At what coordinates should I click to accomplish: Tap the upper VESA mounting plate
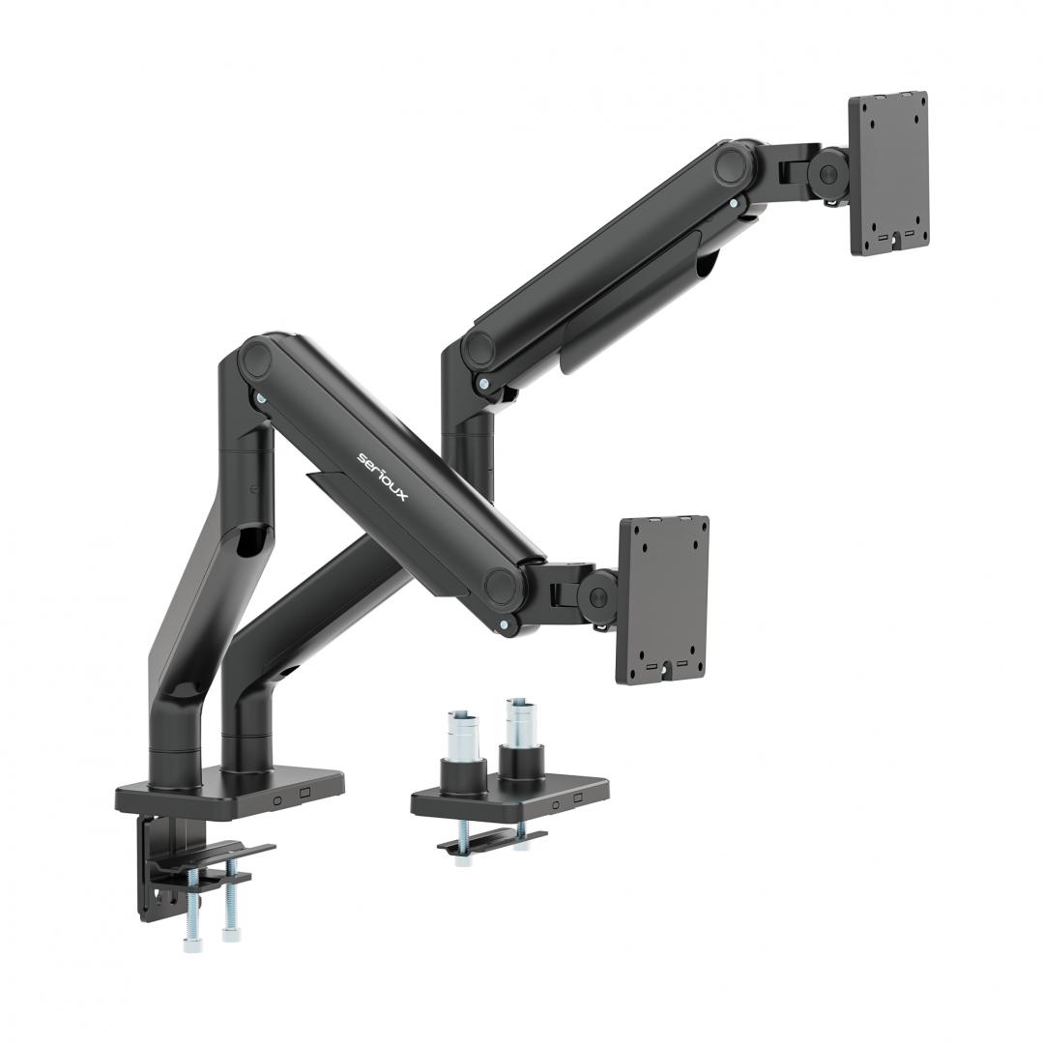(888, 173)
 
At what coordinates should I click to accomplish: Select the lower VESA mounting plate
(662, 599)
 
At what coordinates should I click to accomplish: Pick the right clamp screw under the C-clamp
(230, 913)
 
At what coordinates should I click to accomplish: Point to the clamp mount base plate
(232, 790)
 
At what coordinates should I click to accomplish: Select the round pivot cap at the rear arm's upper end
(734, 164)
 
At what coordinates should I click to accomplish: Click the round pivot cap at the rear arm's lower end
(479, 349)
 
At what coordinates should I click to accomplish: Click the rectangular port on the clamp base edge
(305, 792)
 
